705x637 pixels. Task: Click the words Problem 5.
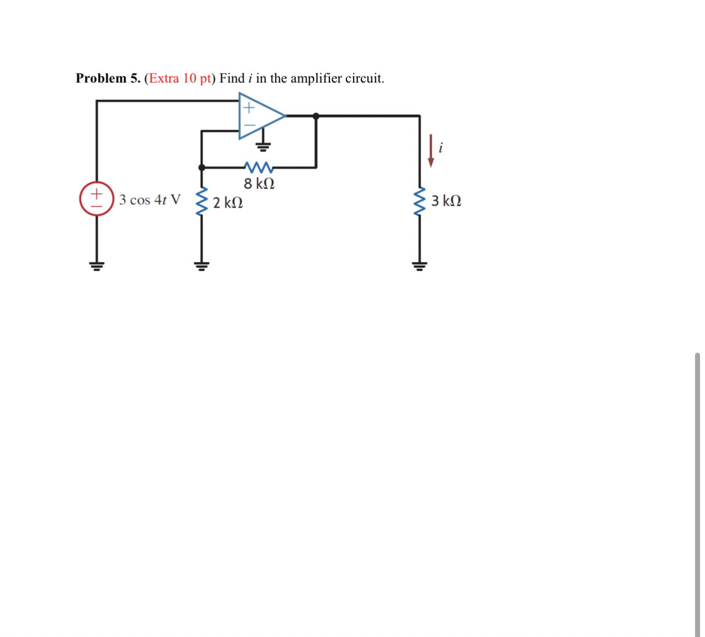click(108, 78)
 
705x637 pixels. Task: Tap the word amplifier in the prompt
click(316, 78)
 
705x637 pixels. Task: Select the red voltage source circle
click(97, 199)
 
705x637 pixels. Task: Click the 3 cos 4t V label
click(149, 199)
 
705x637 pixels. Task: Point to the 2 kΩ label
click(228, 203)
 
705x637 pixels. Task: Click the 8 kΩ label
click(259, 183)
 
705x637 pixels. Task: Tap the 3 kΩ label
click(446, 201)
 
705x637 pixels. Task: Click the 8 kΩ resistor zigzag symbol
click(258, 166)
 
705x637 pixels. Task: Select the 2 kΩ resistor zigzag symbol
click(202, 201)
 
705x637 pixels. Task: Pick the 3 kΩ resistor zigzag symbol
click(420, 201)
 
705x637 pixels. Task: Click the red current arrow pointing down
click(431, 151)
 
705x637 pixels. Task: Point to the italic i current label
click(440, 148)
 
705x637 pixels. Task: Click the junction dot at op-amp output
click(316, 116)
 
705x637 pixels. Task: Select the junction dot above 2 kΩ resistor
click(202, 167)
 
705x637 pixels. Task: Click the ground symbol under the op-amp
click(263, 146)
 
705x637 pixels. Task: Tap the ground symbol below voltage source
click(97, 267)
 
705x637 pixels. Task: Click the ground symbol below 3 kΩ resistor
click(420, 267)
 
